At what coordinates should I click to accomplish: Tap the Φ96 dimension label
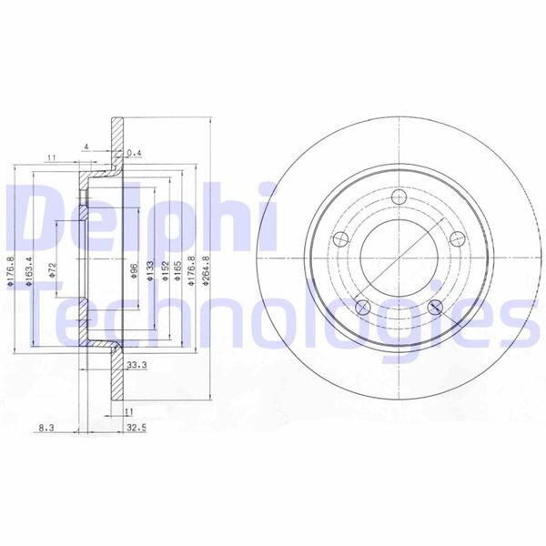[134, 271]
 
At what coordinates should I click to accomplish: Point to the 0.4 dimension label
[136, 152]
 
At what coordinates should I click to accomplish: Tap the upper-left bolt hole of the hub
[341, 240]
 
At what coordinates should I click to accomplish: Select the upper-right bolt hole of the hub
[454, 240]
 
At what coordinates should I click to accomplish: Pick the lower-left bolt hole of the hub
[362, 307]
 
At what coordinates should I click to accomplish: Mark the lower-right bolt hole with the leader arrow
[433, 307]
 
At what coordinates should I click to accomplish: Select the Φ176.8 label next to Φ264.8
[190, 271]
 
